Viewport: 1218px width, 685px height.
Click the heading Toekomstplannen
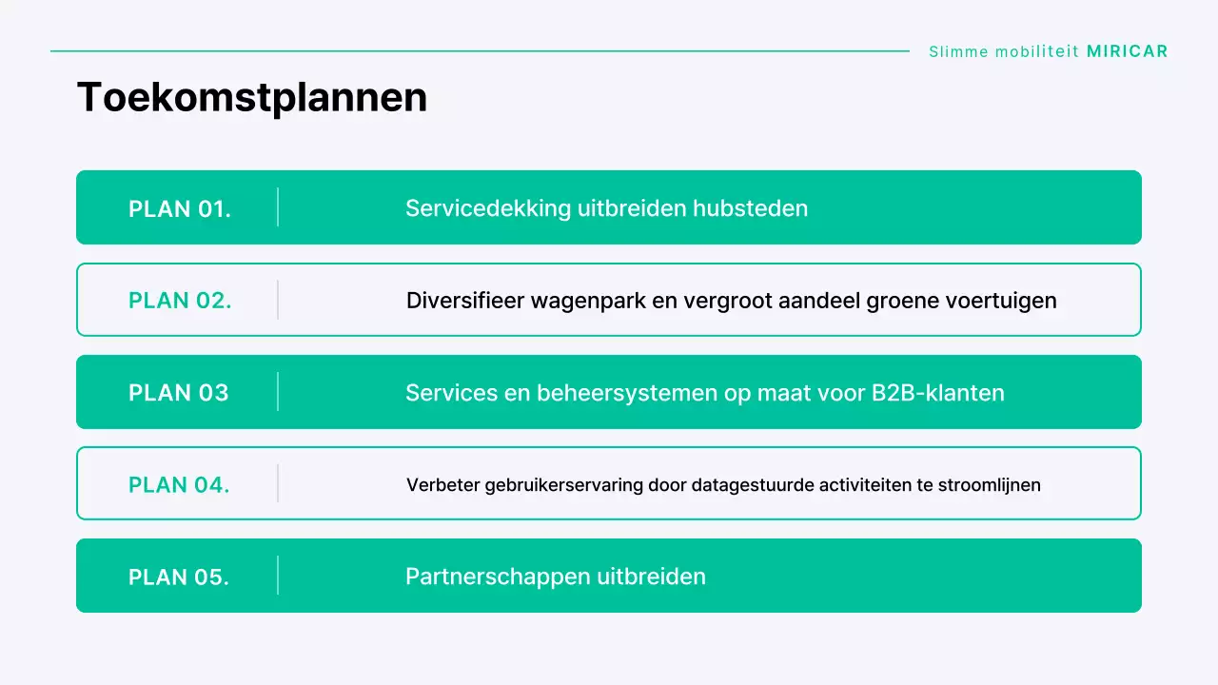(x=251, y=97)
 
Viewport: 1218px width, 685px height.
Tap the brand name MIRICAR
(x=1127, y=51)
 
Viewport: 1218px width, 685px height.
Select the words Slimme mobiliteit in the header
(x=1005, y=51)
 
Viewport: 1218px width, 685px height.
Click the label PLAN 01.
(x=180, y=208)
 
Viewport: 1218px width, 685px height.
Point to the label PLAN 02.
(x=180, y=301)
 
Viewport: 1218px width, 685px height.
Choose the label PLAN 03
(x=179, y=393)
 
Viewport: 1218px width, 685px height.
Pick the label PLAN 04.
(x=179, y=485)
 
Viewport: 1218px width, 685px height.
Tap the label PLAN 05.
(x=179, y=577)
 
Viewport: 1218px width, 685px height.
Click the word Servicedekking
(x=488, y=208)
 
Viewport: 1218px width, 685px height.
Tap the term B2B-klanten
(x=938, y=393)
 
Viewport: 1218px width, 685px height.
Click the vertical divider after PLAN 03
(x=278, y=392)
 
